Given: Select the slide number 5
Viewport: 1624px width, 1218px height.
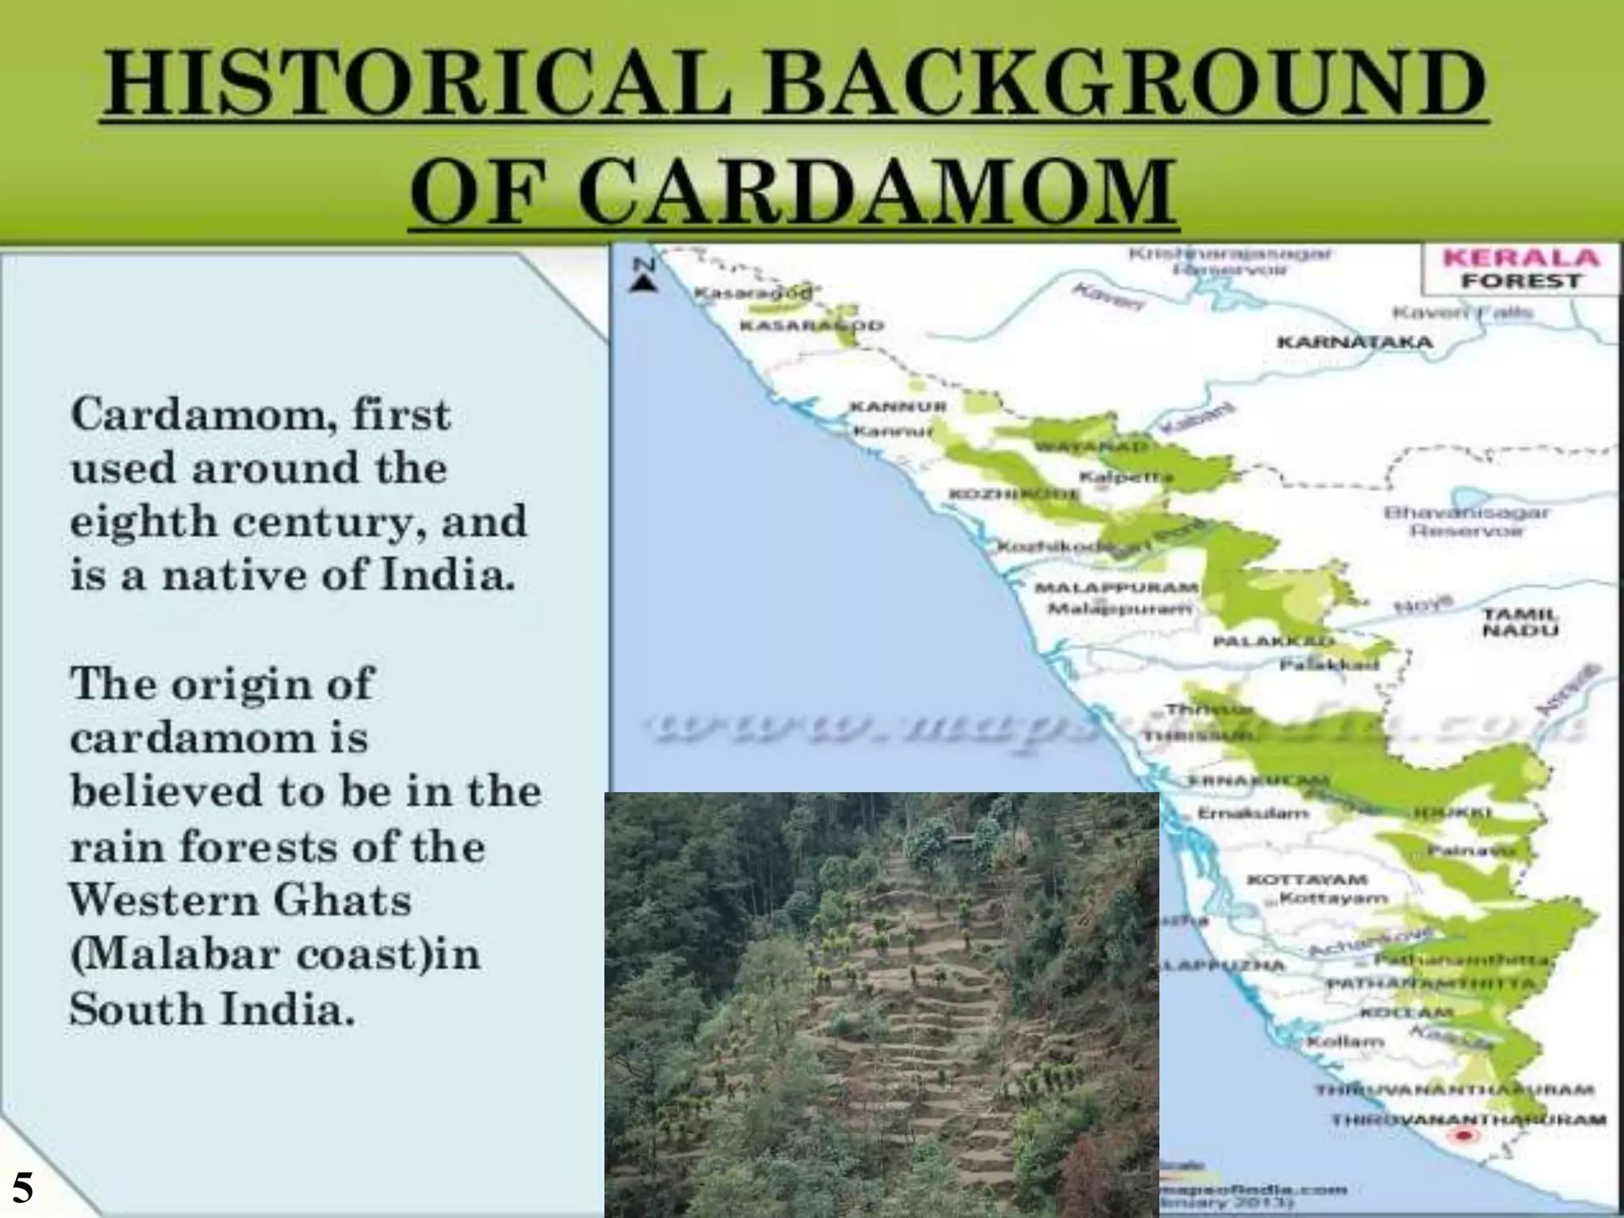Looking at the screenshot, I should tap(22, 1188).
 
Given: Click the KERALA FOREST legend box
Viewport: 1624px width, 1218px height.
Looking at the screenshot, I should tap(1519, 269).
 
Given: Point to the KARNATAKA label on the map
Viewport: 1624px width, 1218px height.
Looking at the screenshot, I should tap(1354, 343).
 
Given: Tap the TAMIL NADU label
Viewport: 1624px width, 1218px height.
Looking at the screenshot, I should tap(1520, 622).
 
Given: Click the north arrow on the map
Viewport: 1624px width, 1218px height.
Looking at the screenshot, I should tap(645, 275).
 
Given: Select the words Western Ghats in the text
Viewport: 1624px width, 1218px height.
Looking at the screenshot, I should tap(240, 901).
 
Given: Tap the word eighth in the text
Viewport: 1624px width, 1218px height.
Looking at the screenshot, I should tap(143, 522).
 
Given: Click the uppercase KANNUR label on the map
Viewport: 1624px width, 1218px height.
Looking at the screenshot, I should tap(898, 406).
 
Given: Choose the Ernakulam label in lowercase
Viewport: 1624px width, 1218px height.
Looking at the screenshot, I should tap(1252, 814).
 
